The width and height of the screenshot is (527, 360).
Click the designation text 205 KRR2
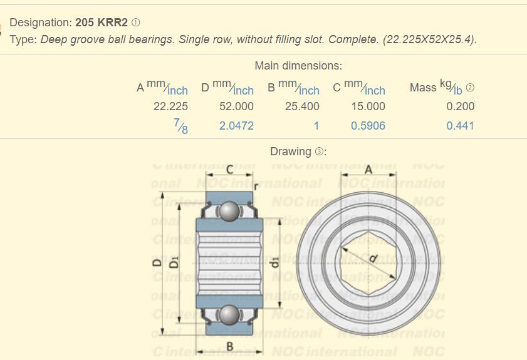(102, 23)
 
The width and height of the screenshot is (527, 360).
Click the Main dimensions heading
(298, 66)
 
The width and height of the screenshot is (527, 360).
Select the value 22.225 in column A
(170, 106)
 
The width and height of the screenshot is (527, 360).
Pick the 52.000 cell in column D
(236, 106)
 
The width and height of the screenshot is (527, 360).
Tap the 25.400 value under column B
(302, 106)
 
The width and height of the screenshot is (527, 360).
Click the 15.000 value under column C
(368, 106)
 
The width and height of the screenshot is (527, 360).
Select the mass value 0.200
(461, 106)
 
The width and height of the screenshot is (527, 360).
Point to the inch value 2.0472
(236, 126)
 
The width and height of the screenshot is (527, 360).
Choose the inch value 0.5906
(368, 126)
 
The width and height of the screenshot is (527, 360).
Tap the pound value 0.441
(461, 126)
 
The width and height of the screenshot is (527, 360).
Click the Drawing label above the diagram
(291, 152)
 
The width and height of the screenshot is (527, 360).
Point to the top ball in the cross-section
(230, 211)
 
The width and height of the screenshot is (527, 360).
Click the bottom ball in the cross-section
(230, 314)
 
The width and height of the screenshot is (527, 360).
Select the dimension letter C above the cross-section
(230, 169)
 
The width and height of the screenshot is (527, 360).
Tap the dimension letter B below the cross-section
(230, 346)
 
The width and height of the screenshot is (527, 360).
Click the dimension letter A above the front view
(368, 169)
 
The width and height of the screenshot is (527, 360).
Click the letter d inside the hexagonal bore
(372, 257)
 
